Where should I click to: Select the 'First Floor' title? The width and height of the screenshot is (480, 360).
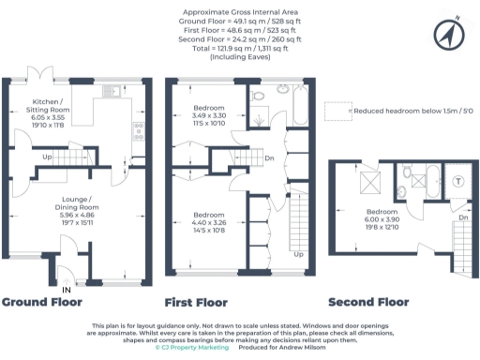196,303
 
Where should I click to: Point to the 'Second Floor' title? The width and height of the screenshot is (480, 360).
368,303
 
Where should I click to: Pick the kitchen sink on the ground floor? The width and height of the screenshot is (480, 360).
112,91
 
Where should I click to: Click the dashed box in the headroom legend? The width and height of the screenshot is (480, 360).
337,112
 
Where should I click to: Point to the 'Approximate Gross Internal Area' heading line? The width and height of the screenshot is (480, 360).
240,10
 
